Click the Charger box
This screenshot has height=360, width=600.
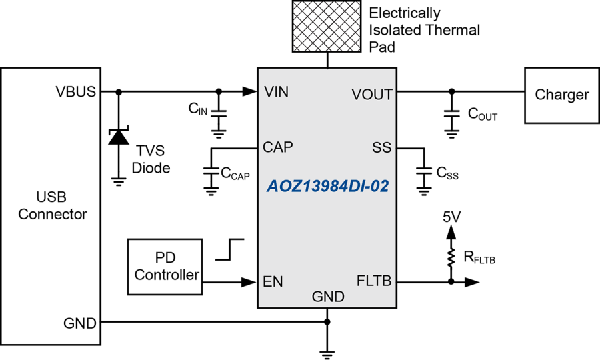[561, 95]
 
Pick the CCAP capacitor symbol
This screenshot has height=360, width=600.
[211, 171]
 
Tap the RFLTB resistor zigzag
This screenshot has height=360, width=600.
[451, 257]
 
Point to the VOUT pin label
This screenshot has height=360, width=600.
[372, 95]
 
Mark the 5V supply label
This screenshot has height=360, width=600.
[451, 217]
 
